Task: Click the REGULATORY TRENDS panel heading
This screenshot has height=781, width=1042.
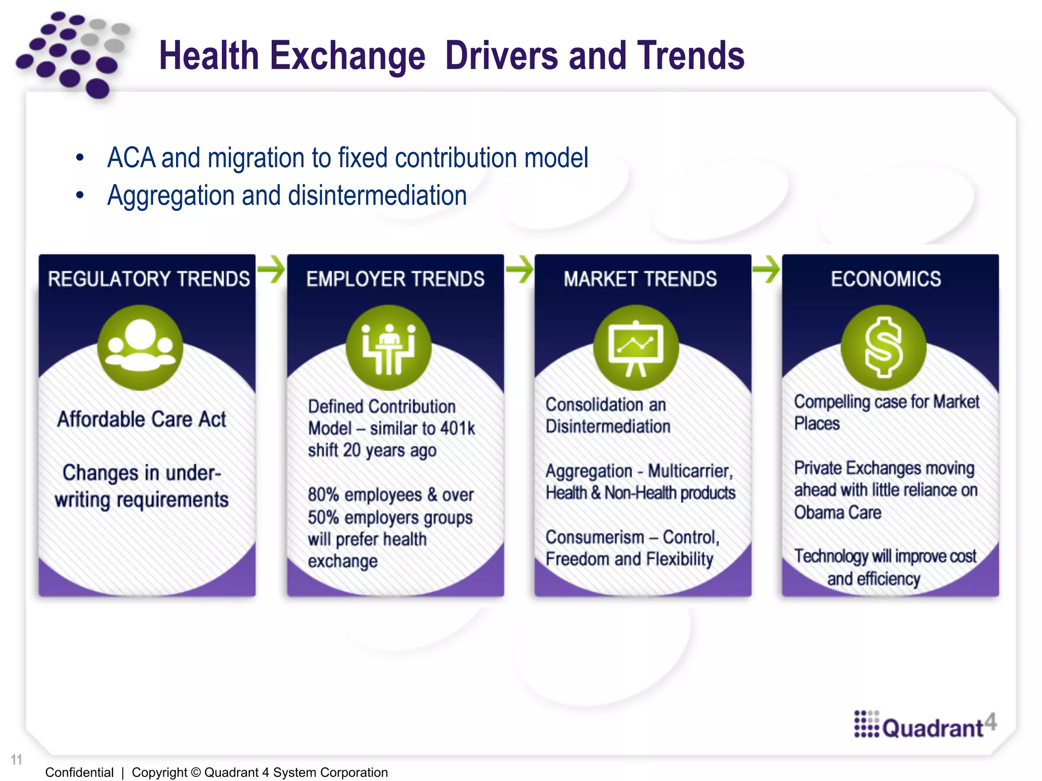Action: pos(149,279)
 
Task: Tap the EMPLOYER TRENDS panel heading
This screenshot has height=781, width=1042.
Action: pos(395,279)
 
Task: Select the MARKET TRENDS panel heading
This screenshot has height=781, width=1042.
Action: pos(640,279)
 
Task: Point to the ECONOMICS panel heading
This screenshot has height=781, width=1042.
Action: pos(886,279)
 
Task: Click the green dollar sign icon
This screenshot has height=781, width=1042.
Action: pos(884,347)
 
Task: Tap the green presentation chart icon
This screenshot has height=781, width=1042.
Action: pos(636,347)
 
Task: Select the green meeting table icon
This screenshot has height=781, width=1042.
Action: pos(389,347)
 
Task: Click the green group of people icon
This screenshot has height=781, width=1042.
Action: pos(140,347)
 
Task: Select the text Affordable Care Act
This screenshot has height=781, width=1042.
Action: pos(141,419)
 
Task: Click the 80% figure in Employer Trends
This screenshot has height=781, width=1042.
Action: pos(323,495)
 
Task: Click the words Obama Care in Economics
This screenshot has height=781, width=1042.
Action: pos(837,513)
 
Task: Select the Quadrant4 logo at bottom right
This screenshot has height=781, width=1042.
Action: pos(925,725)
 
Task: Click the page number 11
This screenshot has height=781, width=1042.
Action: pos(16,760)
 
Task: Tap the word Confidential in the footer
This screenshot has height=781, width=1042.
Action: pos(79,772)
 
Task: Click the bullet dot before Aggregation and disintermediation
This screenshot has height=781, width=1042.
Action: pos(79,195)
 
